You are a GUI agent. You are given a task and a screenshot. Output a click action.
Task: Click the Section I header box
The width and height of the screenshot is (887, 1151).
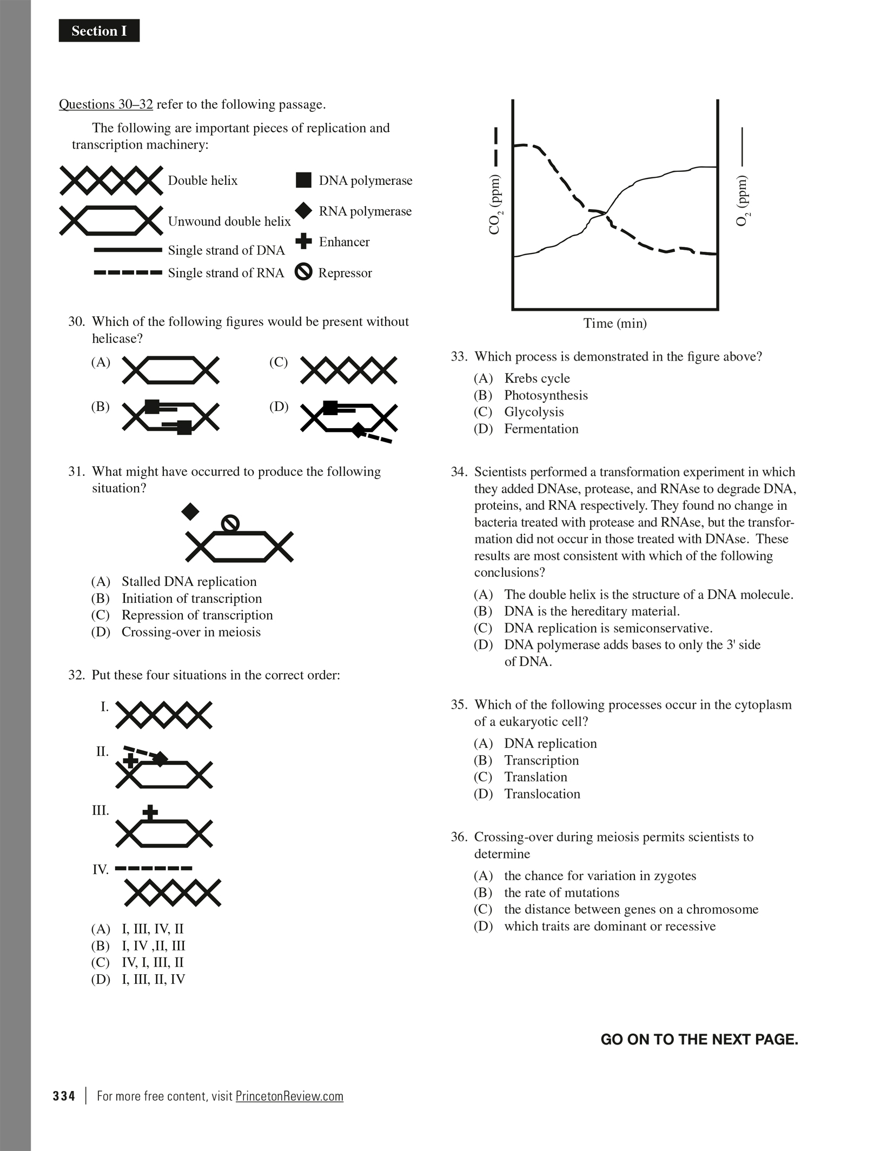(99, 31)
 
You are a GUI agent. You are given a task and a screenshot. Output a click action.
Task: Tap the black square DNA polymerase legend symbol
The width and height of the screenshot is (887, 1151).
(303, 180)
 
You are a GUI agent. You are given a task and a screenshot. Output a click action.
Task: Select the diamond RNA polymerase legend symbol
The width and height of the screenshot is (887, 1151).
(304, 211)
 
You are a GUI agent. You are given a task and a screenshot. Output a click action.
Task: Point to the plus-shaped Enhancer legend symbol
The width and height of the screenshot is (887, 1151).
(304, 241)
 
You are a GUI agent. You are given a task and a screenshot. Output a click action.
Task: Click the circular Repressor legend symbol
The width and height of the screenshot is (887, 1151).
(303, 272)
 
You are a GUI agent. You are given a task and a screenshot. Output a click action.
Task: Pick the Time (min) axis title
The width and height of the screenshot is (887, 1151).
(615, 323)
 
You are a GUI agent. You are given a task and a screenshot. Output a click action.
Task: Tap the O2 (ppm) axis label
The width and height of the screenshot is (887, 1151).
(744, 201)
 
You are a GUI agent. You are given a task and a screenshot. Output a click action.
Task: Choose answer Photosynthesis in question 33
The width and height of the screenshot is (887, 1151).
(546, 395)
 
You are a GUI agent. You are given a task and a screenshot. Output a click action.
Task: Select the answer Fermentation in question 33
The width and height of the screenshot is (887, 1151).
(541, 429)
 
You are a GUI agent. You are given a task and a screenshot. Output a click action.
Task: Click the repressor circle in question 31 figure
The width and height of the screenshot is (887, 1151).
(230, 523)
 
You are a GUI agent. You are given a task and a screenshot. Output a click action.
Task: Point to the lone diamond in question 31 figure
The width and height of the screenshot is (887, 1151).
(190, 511)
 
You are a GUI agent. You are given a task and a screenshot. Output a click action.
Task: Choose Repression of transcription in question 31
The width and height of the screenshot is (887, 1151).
(197, 615)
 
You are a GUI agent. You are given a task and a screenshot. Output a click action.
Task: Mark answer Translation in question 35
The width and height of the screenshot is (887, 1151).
(535, 777)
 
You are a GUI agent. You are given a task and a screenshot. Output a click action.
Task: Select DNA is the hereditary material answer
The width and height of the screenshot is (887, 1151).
(592, 611)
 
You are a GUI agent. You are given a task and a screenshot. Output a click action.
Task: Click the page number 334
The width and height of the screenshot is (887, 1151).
(64, 1096)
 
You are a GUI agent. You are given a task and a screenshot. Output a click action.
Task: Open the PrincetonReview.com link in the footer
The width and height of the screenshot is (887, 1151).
(289, 1096)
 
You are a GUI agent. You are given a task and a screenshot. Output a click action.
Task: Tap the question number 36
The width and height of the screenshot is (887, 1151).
(459, 837)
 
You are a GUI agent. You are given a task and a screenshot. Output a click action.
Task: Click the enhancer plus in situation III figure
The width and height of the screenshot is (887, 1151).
(150, 811)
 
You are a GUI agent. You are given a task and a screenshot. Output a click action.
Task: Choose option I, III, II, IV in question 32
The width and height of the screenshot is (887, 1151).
(153, 979)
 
